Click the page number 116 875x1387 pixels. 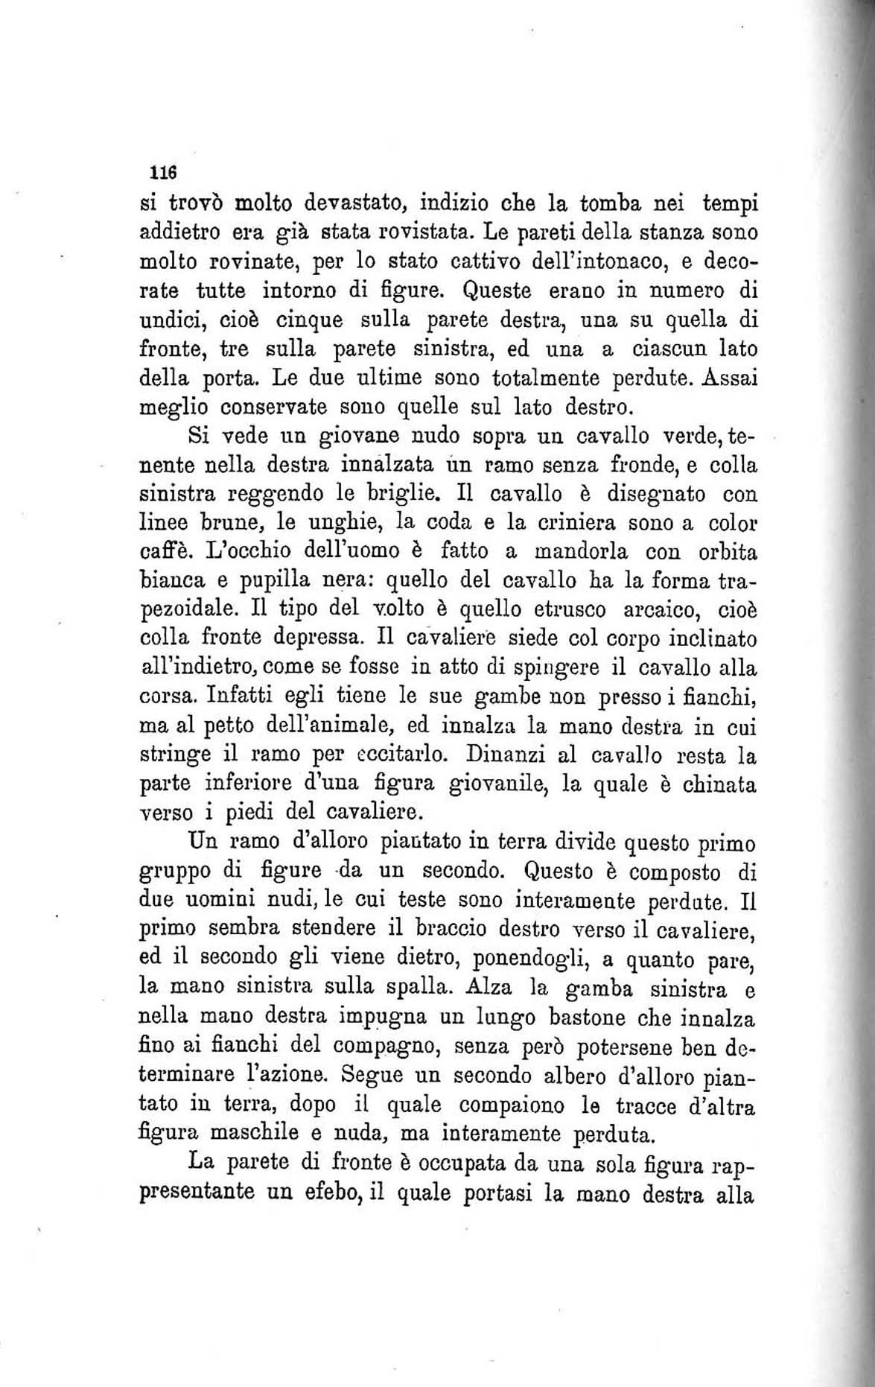162,172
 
